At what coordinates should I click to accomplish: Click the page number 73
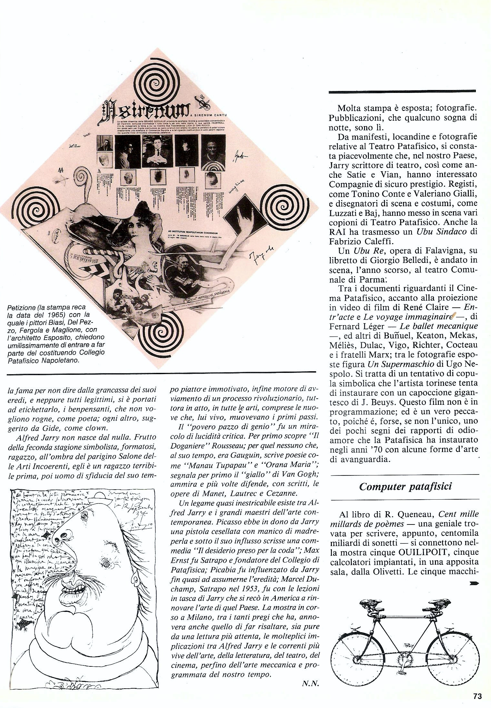477,696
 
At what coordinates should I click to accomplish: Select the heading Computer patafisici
405,486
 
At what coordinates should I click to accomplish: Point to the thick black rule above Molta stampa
402,92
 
